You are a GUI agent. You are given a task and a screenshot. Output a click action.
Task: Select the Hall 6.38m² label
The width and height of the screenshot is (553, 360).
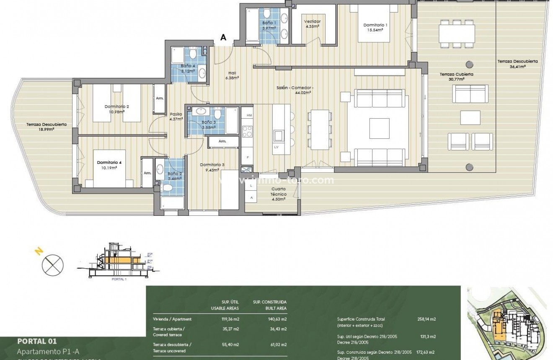pos(232,75)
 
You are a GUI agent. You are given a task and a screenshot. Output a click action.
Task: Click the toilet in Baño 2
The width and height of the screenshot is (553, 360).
pos(167,189)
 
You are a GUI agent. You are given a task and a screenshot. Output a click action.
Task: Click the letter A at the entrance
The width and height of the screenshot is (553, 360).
pos(223,37)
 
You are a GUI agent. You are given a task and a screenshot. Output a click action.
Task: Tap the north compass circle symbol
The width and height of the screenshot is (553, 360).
pos(52,264)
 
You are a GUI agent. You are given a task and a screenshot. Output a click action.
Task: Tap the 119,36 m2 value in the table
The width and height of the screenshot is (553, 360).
pos(230,319)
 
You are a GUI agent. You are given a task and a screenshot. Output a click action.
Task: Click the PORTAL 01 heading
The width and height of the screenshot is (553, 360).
pos(37,341)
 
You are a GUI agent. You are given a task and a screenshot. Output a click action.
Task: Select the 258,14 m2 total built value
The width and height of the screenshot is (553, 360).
pos(427,319)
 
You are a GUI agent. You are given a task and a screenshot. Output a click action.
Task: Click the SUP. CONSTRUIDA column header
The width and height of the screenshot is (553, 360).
pos(270,302)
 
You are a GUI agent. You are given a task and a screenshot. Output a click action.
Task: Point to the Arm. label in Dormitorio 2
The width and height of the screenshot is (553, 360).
pos(160,98)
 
